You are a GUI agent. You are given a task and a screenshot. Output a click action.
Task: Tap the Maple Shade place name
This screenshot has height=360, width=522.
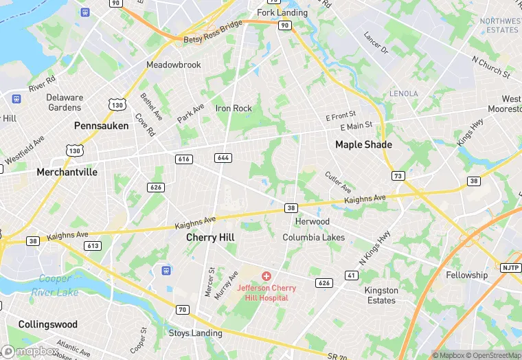point(363,144)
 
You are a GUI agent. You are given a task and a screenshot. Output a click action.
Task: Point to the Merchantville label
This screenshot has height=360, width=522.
point(67,172)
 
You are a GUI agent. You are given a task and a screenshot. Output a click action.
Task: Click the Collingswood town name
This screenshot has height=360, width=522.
point(48,324)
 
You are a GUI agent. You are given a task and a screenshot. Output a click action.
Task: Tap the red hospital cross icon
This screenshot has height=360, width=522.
point(266,276)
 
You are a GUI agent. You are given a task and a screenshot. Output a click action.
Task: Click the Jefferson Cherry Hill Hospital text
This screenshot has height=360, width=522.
point(266,293)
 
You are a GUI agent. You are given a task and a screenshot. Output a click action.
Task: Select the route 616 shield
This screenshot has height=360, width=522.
point(183,159)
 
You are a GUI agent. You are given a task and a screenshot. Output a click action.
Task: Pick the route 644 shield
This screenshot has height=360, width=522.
point(222,158)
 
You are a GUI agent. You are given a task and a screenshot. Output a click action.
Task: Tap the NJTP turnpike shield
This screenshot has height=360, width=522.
point(510,268)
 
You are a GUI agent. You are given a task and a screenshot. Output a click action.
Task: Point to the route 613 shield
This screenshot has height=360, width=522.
point(93,246)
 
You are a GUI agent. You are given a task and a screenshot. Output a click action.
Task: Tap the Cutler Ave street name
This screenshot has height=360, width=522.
point(338,182)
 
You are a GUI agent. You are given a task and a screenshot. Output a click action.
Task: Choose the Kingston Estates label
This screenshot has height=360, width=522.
point(381,295)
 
